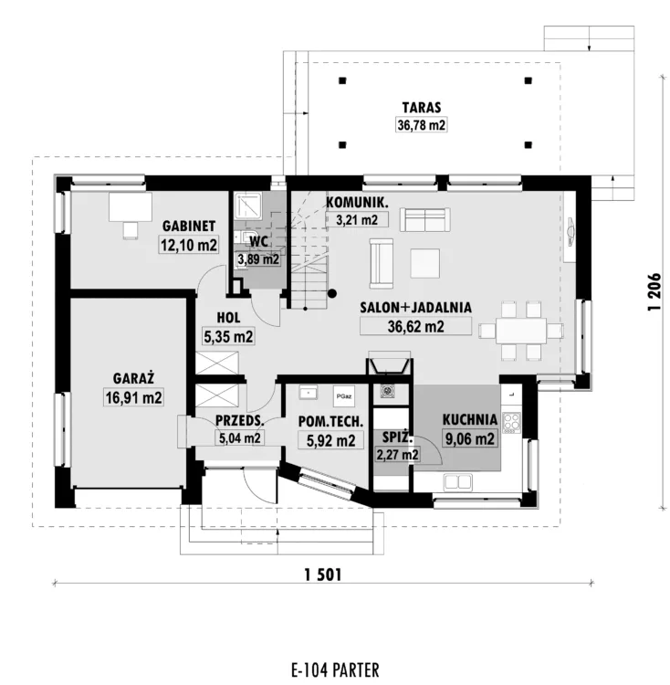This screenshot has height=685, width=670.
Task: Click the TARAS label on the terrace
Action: [x=421, y=108]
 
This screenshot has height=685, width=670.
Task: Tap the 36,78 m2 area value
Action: [x=421, y=125]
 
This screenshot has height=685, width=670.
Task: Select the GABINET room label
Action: [x=189, y=226]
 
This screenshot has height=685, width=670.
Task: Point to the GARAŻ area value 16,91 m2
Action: [x=133, y=397]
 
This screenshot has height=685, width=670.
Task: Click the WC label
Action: [x=258, y=241]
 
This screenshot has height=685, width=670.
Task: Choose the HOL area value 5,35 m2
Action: [x=228, y=337]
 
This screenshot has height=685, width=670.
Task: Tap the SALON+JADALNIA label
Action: [x=415, y=307]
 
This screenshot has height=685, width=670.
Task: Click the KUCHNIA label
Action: [x=470, y=420]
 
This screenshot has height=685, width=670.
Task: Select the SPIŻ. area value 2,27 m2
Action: [x=397, y=455]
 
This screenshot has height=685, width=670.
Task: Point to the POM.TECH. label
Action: [x=330, y=422]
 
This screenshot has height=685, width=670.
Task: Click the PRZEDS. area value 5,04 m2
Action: [x=240, y=437]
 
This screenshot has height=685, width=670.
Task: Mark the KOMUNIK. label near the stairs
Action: [x=357, y=202]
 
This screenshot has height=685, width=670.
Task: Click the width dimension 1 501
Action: [x=323, y=574]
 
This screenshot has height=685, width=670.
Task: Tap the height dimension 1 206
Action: [x=654, y=292]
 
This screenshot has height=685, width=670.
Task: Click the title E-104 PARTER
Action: [x=335, y=669]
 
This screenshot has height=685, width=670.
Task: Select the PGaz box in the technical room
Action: [x=344, y=396]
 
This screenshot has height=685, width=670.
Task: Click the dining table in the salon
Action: [x=520, y=331]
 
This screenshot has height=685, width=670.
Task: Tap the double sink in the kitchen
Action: [x=458, y=482]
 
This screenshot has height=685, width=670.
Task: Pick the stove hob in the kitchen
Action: [x=511, y=423]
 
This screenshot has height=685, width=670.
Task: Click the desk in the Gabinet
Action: [x=130, y=207]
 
